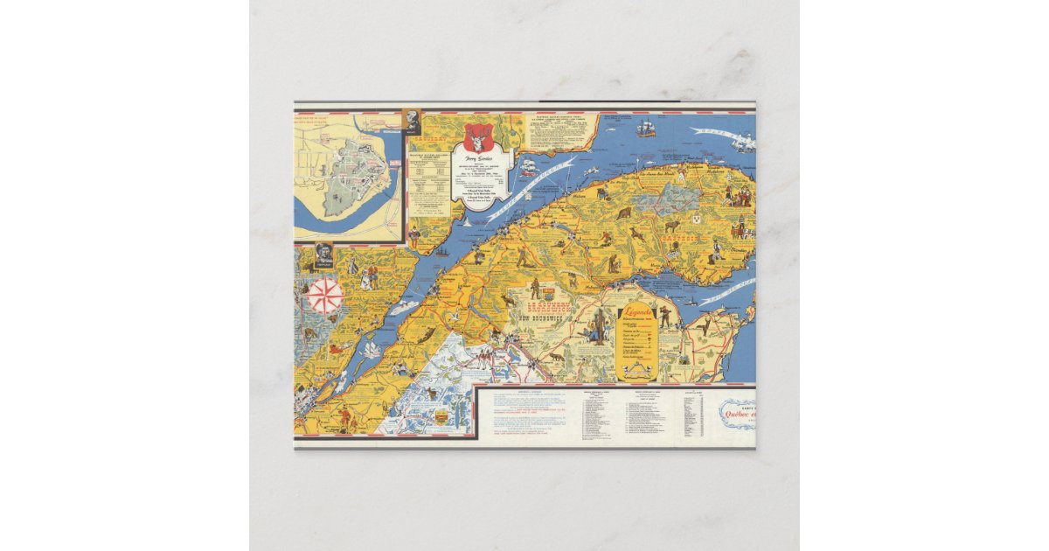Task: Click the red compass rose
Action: click(x=326, y=296)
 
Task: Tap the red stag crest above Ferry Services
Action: click(x=476, y=137)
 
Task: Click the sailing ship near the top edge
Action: click(x=646, y=128)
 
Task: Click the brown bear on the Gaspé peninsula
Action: click(x=624, y=213)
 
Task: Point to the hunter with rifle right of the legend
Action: click(x=664, y=316)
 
